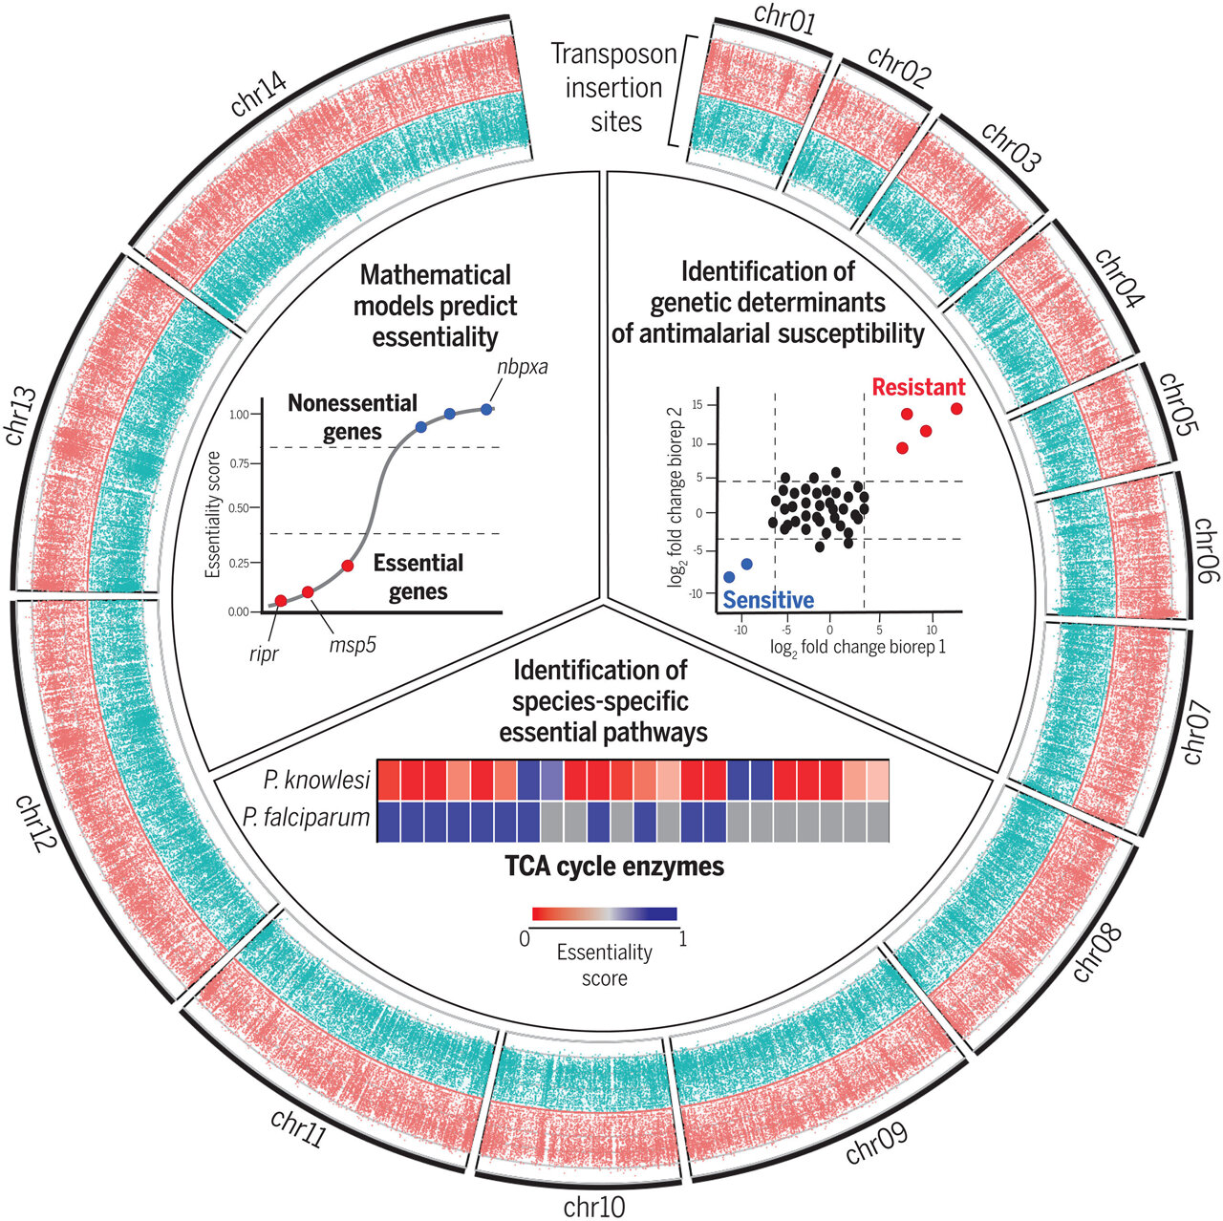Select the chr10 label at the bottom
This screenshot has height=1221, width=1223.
pos(594,1207)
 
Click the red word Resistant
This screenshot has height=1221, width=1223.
pos(918,388)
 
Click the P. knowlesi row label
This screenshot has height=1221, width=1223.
pos(317,781)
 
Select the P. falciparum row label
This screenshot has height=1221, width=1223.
pos(305,819)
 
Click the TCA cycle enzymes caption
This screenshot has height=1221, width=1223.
pos(613,868)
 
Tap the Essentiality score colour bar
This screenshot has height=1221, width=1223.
pos(604,913)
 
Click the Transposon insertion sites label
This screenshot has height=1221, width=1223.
pos(614,88)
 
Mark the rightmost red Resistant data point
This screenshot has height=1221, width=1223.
pos(956,409)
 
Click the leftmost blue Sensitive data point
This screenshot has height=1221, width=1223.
pos(729,577)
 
